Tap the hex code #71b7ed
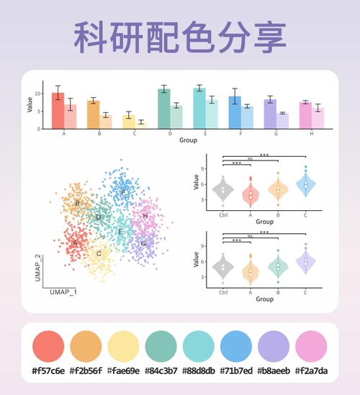pos(236,371)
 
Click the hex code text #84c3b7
pos(161,371)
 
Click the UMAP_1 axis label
pos(63,293)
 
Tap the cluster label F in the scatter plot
pos(123,193)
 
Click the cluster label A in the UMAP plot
pos(74,243)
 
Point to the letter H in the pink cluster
pos(145,216)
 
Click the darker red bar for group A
pos(58,111)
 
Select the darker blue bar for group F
pos(235,112)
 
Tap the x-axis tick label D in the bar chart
pos(170,134)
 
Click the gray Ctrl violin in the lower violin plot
pos(223,268)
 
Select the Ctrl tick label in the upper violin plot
pos(223,214)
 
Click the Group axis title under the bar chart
pos(188,140)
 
